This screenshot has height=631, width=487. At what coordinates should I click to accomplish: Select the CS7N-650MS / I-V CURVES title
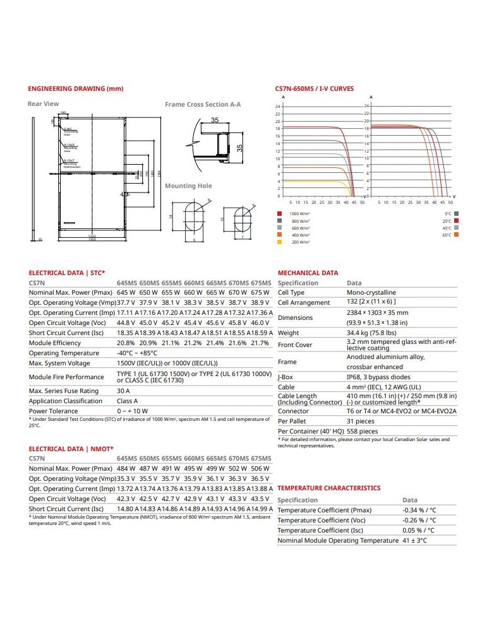pyautogui.click(x=315, y=89)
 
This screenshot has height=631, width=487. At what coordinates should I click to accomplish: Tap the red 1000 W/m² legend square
pyautogui.click(x=279, y=214)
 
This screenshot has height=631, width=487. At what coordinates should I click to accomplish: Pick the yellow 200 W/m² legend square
pyautogui.click(x=279, y=242)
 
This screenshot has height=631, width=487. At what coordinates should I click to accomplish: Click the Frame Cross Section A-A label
pyautogui.click(x=203, y=104)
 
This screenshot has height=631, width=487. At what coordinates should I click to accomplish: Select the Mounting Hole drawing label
pyautogui.click(x=188, y=186)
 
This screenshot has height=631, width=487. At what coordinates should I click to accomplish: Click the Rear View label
pyautogui.click(x=43, y=103)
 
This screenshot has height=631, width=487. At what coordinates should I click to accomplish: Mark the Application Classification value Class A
pyautogui.click(x=127, y=401)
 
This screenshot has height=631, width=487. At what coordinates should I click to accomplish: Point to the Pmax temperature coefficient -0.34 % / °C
pyautogui.click(x=419, y=510)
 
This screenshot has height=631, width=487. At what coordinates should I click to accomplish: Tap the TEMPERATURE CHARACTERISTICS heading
pyautogui.click(x=328, y=488)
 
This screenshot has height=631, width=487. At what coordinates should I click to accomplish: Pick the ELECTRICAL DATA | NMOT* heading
pyautogui.click(x=71, y=449)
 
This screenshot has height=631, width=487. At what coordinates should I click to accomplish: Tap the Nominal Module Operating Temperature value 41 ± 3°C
pyautogui.click(x=414, y=540)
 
